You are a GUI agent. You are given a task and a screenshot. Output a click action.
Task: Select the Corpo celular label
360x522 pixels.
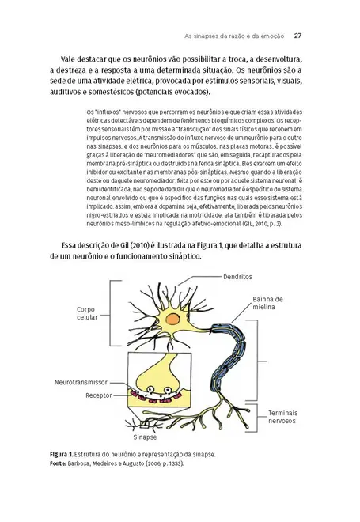click(87, 313)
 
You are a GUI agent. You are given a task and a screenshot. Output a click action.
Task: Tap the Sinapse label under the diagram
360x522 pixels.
click(145, 436)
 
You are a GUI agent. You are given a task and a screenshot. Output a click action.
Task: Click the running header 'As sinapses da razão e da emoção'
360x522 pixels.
click(233, 36)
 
